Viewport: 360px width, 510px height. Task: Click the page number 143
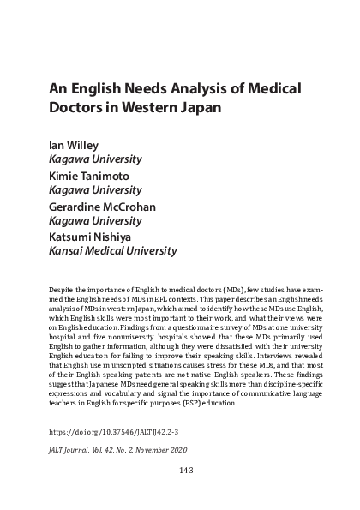[x=179, y=469]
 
